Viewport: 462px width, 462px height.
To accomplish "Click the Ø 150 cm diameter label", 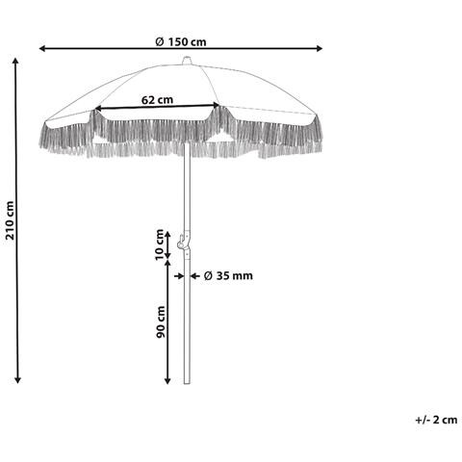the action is [181, 42].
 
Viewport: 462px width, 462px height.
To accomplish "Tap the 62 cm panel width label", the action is [157, 100].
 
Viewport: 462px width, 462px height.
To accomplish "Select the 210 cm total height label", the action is [10, 220].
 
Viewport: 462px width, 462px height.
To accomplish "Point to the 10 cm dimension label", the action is [160, 245].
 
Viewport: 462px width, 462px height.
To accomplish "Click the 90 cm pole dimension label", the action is [161, 321].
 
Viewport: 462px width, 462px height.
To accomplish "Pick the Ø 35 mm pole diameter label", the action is [228, 275].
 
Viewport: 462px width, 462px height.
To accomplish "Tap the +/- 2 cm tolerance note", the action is [436, 420].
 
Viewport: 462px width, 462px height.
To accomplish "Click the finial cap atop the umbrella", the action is [187, 61].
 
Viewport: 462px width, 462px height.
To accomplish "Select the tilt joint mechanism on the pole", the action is [184, 242].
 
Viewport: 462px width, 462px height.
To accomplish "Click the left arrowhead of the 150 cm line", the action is [41, 48].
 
